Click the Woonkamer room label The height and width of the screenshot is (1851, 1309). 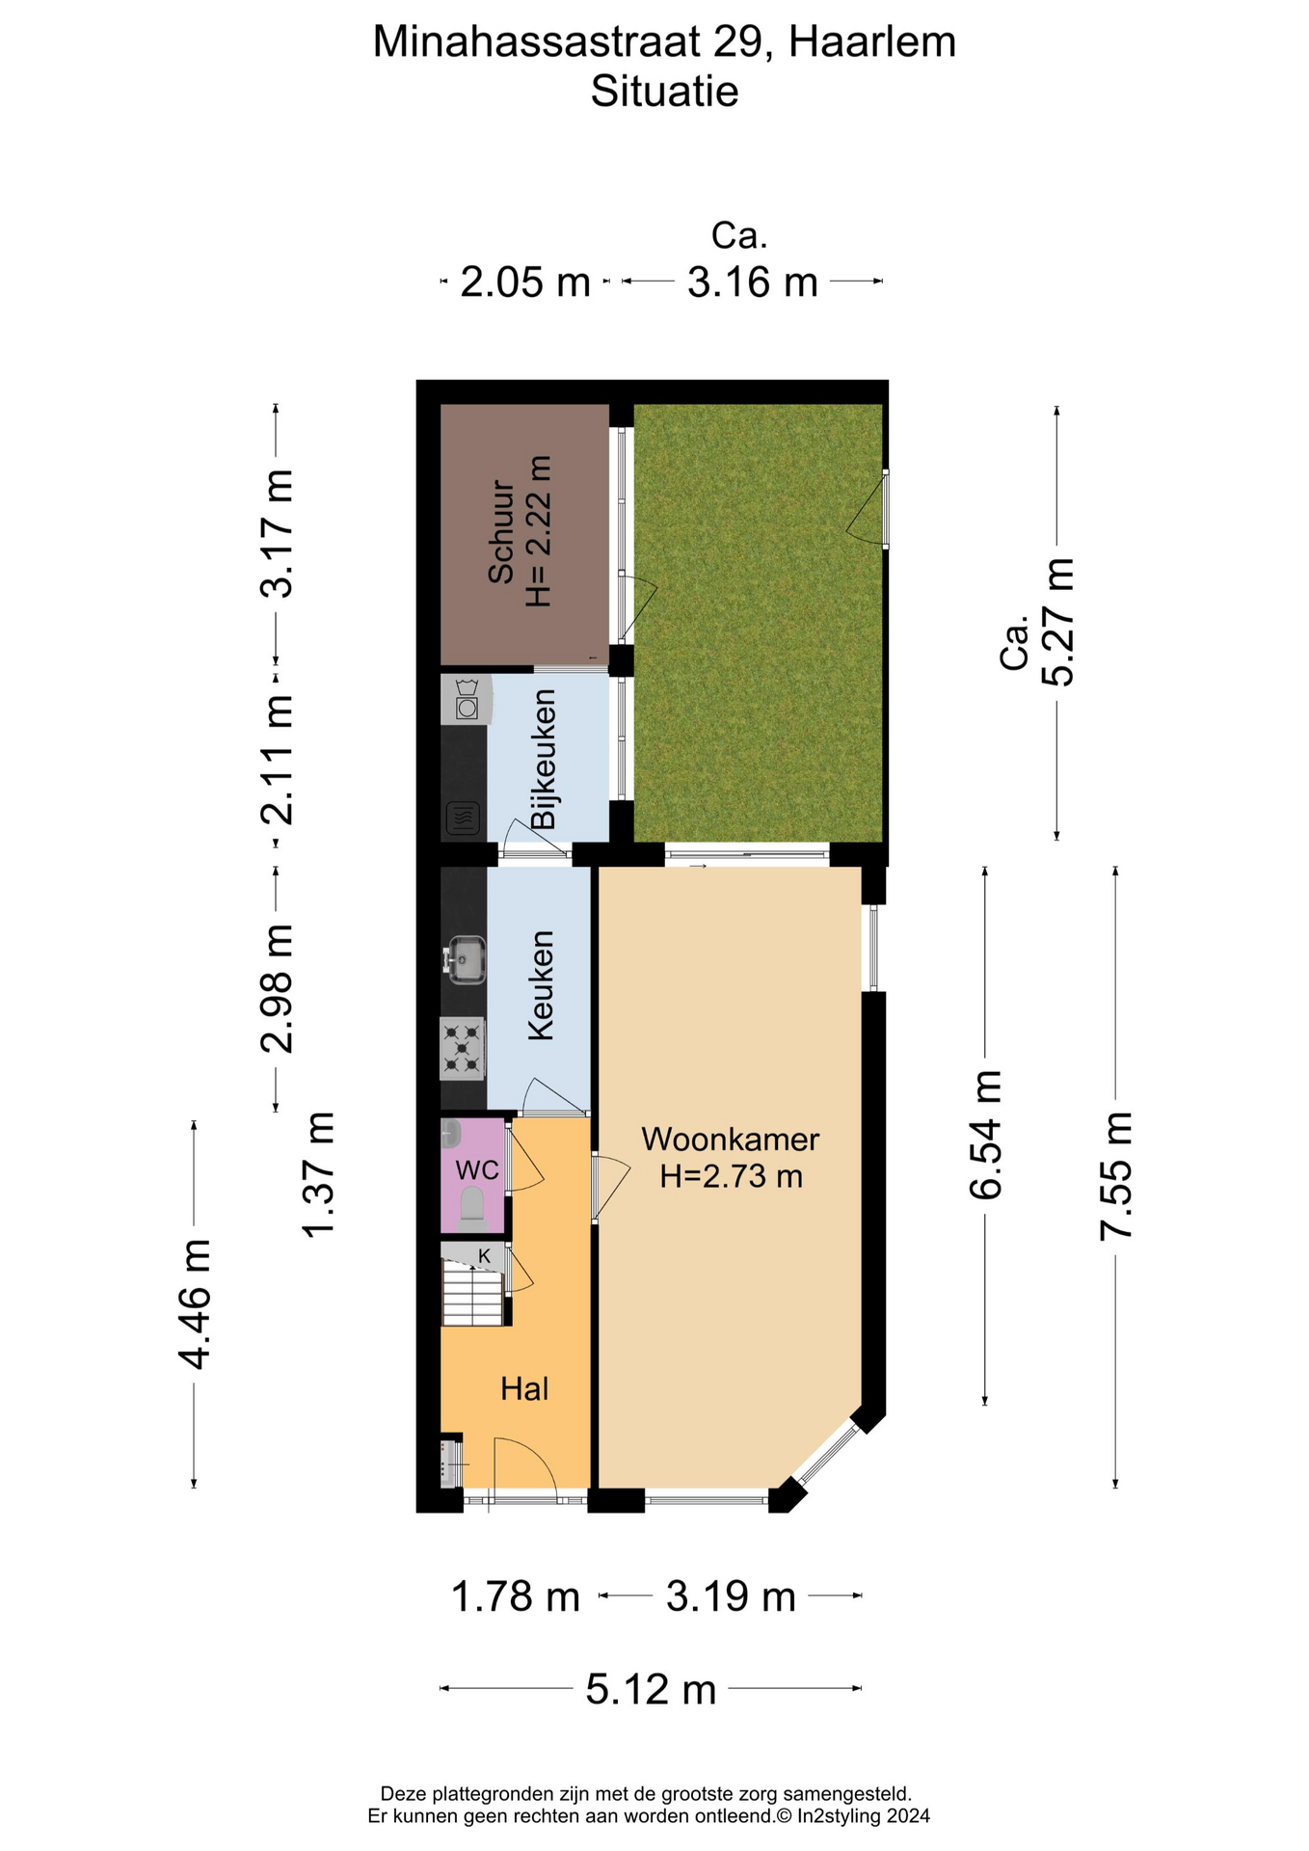coord(730,1139)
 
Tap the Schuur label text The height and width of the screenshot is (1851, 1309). coord(500,531)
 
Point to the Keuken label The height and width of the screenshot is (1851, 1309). coord(541,985)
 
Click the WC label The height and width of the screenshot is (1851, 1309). coord(477,1170)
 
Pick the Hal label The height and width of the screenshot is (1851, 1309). coord(524,1389)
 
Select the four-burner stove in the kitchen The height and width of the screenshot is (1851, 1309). coord(463,1049)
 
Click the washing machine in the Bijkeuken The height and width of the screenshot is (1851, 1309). coord(467,699)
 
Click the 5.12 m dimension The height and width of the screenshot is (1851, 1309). coord(651,1689)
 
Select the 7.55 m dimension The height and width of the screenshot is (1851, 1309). coord(1116,1175)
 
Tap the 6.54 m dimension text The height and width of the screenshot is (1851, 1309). coord(985,1135)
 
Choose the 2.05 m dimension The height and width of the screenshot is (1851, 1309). coord(525,282)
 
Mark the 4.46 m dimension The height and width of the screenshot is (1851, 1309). coord(194,1304)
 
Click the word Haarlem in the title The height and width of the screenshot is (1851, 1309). coord(872,42)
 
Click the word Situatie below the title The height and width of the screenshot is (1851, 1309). coord(664,93)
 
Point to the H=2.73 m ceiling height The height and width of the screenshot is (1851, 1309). coord(731,1176)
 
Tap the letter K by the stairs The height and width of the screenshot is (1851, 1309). coord(485,1256)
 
